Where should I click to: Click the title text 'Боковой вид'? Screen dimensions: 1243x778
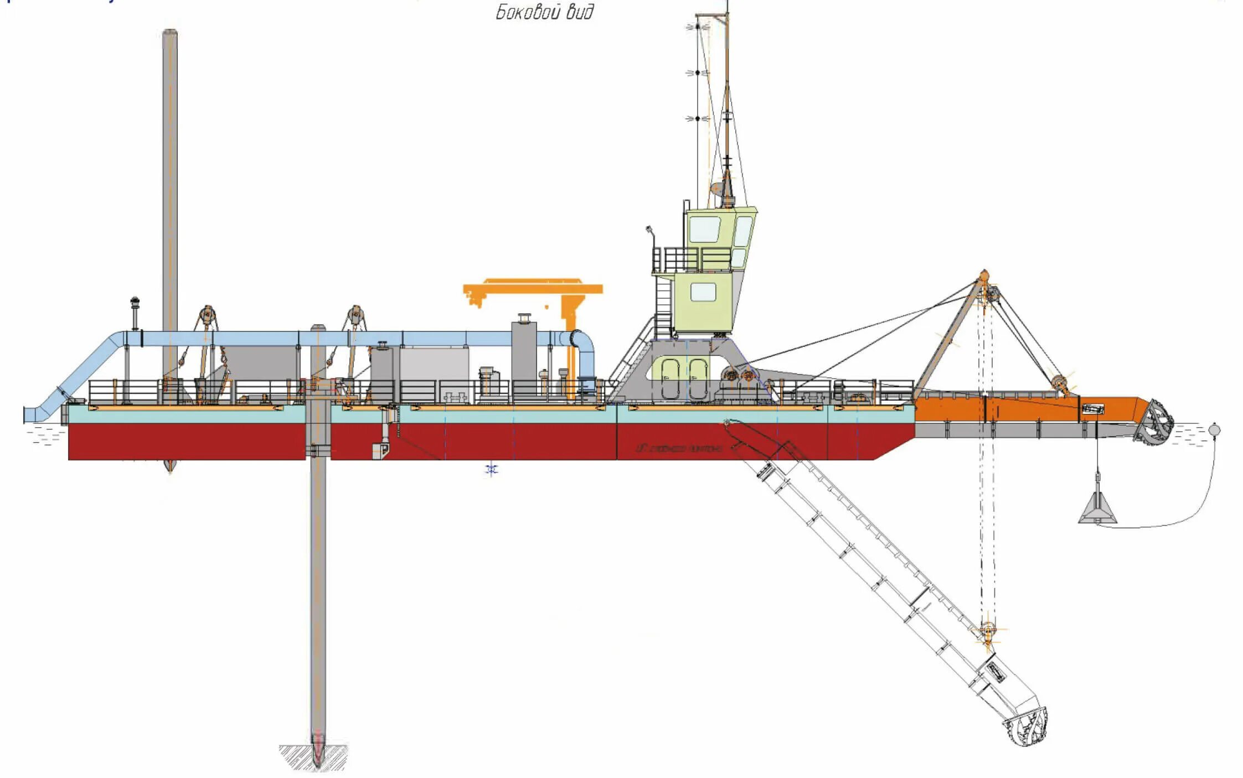(x=544, y=12)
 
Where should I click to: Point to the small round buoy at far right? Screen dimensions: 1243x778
(x=1214, y=429)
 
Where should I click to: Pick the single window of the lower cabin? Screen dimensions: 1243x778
(x=703, y=292)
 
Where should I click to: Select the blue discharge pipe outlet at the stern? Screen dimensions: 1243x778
(x=28, y=414)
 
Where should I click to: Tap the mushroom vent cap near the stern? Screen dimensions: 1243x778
(x=135, y=302)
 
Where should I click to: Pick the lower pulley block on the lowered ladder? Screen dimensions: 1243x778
(x=987, y=631)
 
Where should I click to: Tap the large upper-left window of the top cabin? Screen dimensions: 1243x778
(x=704, y=229)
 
